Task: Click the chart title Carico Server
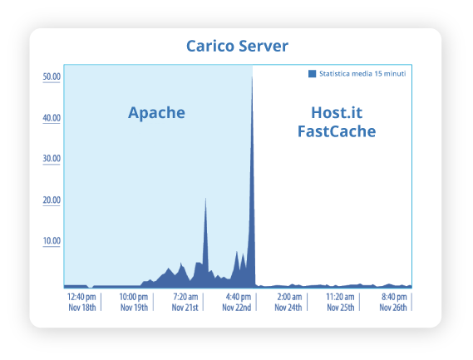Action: click(237, 47)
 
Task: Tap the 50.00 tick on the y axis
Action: click(52, 76)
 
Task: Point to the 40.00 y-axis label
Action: click(52, 118)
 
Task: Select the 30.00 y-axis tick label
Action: click(52, 159)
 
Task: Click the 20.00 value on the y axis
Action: click(52, 200)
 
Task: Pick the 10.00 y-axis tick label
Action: click(52, 241)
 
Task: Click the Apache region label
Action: click(156, 113)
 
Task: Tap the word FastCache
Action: click(337, 131)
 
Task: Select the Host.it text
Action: click(337, 112)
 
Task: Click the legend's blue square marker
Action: click(313, 74)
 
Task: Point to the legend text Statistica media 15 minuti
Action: click(362, 74)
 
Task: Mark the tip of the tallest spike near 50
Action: click(252, 76)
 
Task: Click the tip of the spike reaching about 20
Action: click(205, 198)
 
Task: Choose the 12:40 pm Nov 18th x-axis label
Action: click(81, 302)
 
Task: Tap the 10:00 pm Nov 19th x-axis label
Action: click(134, 302)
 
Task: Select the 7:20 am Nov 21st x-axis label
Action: click(185, 302)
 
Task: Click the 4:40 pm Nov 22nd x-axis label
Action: click(237, 302)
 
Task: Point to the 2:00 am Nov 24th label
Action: click(288, 302)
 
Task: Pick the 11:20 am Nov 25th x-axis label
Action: click(341, 302)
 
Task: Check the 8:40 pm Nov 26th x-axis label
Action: click(393, 302)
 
